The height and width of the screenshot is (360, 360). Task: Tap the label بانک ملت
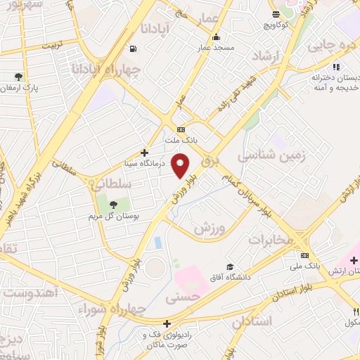click(x=181, y=140)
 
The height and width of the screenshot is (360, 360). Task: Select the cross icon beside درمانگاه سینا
click(x=144, y=152)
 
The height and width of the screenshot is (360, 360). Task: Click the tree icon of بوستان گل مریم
click(x=113, y=205)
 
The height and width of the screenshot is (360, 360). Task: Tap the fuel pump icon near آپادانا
click(x=133, y=49)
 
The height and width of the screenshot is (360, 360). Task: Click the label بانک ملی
click(x=304, y=267)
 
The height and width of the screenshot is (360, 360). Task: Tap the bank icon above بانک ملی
click(x=304, y=256)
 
